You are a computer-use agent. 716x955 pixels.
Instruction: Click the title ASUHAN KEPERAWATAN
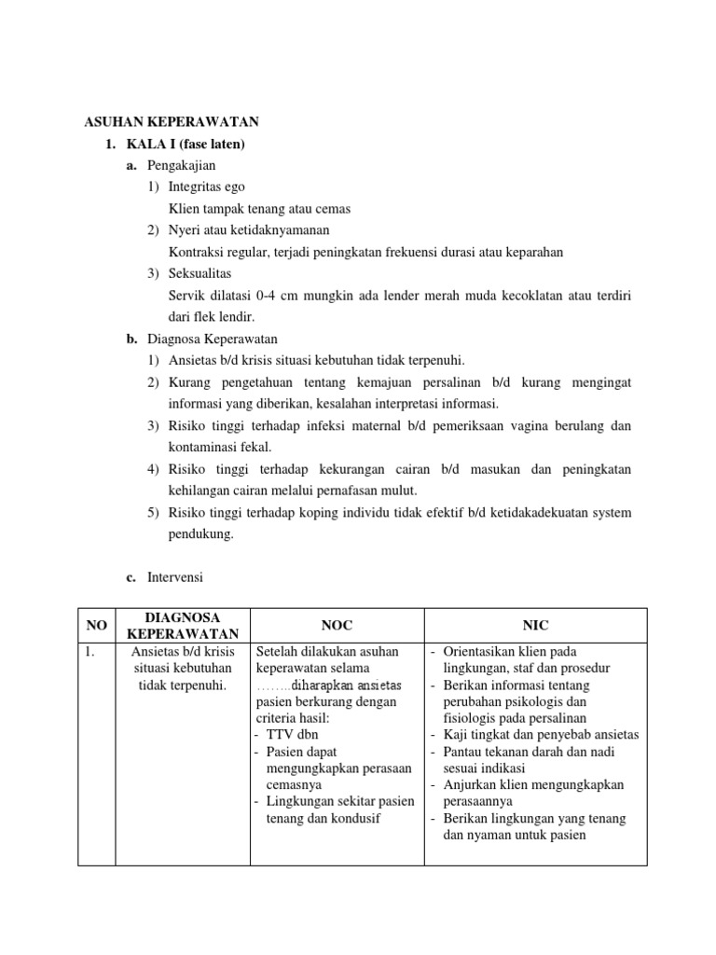click(x=172, y=122)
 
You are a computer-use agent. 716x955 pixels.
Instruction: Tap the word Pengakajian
click(x=181, y=165)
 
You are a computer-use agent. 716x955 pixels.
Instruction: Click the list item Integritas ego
click(x=207, y=187)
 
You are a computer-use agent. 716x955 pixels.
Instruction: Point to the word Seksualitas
click(x=200, y=273)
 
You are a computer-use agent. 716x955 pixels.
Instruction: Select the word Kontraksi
click(x=197, y=252)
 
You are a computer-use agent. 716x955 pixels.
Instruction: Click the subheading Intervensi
click(x=174, y=578)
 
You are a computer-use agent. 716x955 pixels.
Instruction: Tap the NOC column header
click(x=337, y=625)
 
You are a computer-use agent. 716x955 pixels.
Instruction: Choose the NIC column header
click(x=535, y=625)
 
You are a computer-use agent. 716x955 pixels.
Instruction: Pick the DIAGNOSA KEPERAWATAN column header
click(x=183, y=625)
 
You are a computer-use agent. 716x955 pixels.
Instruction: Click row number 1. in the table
click(x=89, y=652)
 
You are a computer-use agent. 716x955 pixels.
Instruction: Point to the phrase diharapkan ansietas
click(x=346, y=685)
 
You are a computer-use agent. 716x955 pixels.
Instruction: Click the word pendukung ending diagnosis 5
click(x=198, y=534)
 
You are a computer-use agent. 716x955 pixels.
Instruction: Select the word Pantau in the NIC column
click(x=463, y=752)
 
